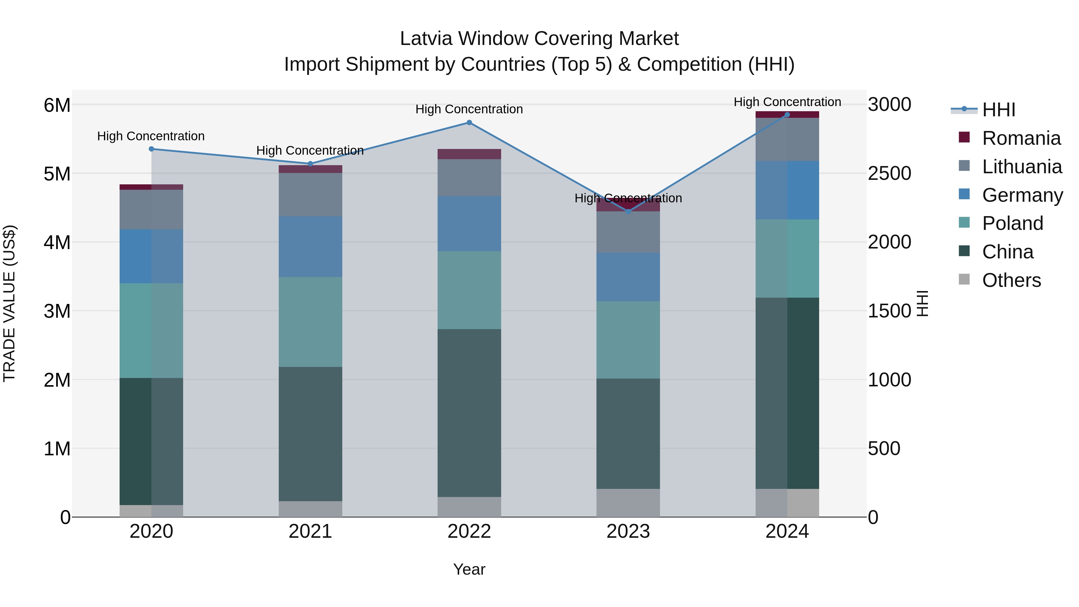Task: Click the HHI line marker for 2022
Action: click(469, 123)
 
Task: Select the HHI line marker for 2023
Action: click(628, 212)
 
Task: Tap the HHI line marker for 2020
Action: click(152, 149)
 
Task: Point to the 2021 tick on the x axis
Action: click(311, 531)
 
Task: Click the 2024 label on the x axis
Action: click(787, 531)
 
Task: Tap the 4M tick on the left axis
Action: click(57, 242)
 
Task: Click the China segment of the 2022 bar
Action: click(469, 413)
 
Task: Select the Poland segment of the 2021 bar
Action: click(311, 322)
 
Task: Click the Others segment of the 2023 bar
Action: click(628, 503)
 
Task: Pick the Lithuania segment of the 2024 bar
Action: click(787, 139)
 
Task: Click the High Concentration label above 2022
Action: click(469, 109)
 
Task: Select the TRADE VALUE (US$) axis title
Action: click(9, 303)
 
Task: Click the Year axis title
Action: click(469, 569)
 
